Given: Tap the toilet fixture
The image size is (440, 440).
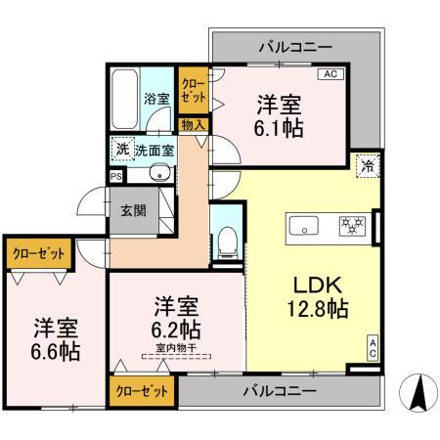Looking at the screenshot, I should [226, 238].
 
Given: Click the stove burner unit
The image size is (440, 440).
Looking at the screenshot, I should [352, 226].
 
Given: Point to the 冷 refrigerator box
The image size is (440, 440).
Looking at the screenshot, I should [366, 166].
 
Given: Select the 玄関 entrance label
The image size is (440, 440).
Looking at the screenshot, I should [133, 209].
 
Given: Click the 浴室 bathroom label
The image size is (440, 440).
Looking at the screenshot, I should [155, 99].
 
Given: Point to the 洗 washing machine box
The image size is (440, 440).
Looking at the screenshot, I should [122, 150].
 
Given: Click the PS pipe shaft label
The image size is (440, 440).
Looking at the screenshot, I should [116, 177].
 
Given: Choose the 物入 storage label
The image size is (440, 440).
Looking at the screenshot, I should [193, 124].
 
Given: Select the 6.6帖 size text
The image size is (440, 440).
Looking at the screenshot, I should [53, 351].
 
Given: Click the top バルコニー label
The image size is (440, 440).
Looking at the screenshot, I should [295, 46].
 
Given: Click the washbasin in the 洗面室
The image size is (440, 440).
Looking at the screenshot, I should [157, 175].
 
